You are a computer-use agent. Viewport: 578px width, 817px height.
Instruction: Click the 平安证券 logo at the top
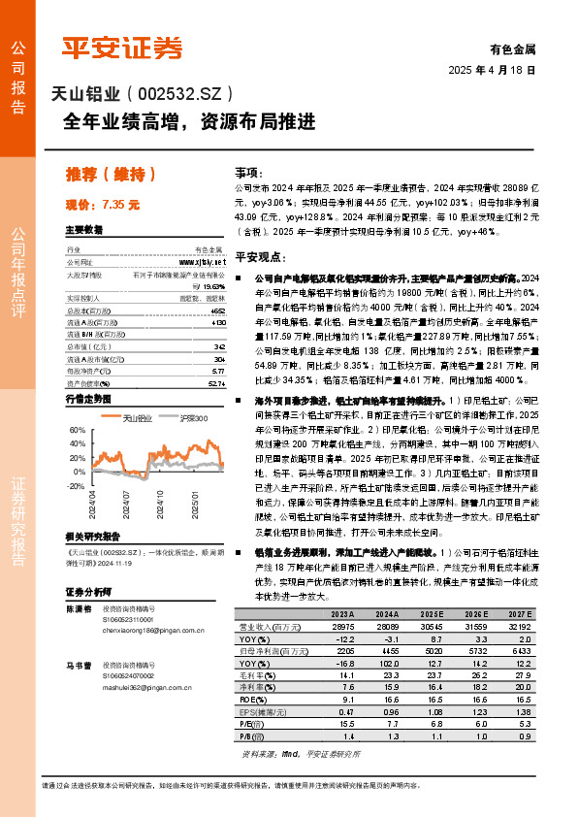coord(121,47)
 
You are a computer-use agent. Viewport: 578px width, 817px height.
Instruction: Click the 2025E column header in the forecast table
coord(433,615)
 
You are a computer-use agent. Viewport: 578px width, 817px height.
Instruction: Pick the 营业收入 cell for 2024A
coord(387,628)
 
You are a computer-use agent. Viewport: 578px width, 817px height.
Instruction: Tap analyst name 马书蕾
coord(80,667)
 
